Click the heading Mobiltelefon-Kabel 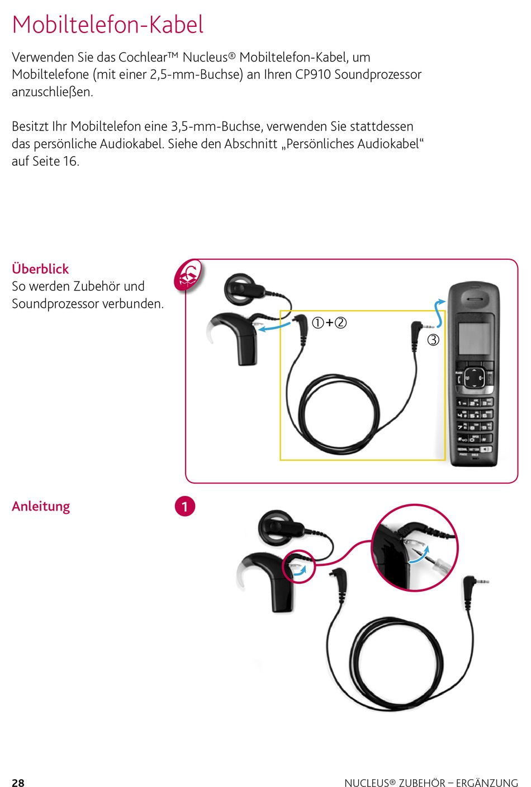coord(108,25)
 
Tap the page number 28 coord(18,783)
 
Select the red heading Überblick coord(40,269)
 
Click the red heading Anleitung coord(41,506)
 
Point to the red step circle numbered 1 coord(185,507)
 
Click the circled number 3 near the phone coord(433,340)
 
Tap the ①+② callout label coord(329,322)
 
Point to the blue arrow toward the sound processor coord(274,326)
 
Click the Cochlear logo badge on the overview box coord(188,275)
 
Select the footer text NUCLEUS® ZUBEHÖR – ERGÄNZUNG coord(431,783)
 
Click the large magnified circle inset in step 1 coord(415,547)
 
